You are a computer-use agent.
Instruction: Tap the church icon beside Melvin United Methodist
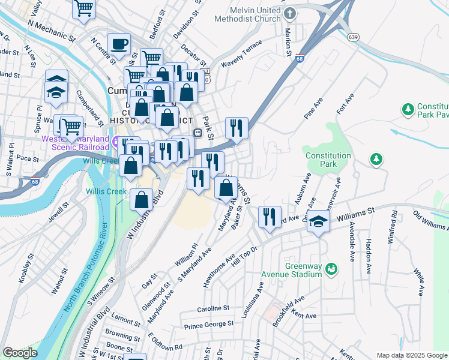[x=290, y=13]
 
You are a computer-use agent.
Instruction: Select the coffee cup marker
[x=119, y=44]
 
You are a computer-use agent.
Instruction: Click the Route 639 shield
[x=354, y=37]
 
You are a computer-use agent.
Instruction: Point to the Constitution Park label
[x=328, y=160]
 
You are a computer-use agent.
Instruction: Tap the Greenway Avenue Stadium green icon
[x=331, y=270]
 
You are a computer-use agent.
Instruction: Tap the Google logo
[x=20, y=353]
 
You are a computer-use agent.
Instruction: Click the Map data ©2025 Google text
[x=411, y=355]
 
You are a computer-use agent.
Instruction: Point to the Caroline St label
[x=214, y=308]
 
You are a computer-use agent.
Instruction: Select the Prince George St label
[x=209, y=325]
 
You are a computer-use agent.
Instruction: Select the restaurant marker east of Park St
[x=237, y=128]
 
